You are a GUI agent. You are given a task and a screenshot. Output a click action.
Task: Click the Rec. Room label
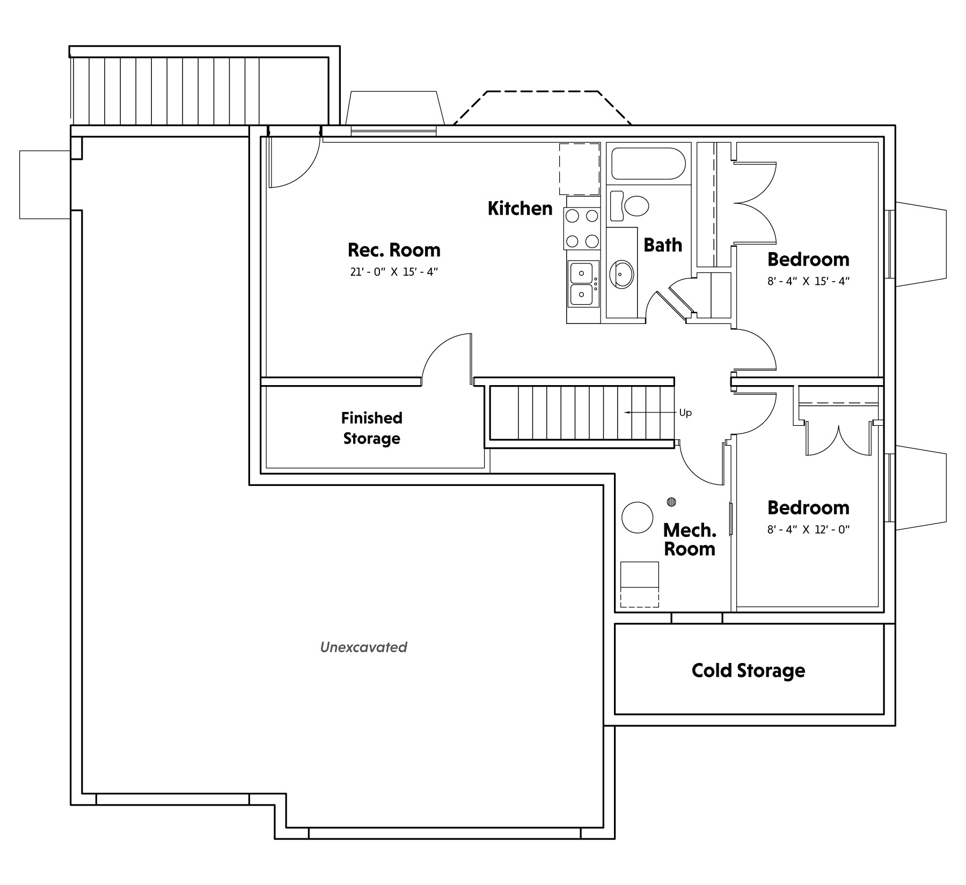(x=394, y=250)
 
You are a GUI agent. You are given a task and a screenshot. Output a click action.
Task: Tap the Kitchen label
(x=520, y=208)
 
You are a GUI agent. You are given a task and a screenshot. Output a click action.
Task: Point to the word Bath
(x=663, y=245)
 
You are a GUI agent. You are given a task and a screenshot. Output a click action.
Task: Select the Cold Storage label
(x=748, y=670)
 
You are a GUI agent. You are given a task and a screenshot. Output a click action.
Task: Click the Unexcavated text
(x=363, y=647)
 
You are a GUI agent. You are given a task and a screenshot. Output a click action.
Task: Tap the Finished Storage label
(x=371, y=428)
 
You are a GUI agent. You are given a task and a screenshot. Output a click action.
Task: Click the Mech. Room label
(x=690, y=540)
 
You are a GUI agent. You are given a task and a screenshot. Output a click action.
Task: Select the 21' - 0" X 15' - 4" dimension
(x=394, y=272)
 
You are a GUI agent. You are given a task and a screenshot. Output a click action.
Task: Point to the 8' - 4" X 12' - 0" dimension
(x=808, y=530)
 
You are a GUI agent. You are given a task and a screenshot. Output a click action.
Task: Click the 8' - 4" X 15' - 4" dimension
(x=808, y=281)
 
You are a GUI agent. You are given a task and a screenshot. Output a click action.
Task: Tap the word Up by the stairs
(x=685, y=413)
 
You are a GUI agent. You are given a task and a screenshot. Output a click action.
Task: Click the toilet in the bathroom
(x=629, y=205)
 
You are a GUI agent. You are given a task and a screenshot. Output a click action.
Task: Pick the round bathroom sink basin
(x=621, y=274)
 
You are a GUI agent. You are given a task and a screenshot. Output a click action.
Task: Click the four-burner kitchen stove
(x=582, y=228)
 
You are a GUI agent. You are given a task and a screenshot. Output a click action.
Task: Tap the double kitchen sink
(x=582, y=284)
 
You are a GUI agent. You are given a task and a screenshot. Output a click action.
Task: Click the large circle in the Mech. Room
(x=637, y=517)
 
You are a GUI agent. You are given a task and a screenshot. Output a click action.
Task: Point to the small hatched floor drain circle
(x=671, y=502)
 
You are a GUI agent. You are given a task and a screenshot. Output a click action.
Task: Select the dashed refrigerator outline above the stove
(x=580, y=169)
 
